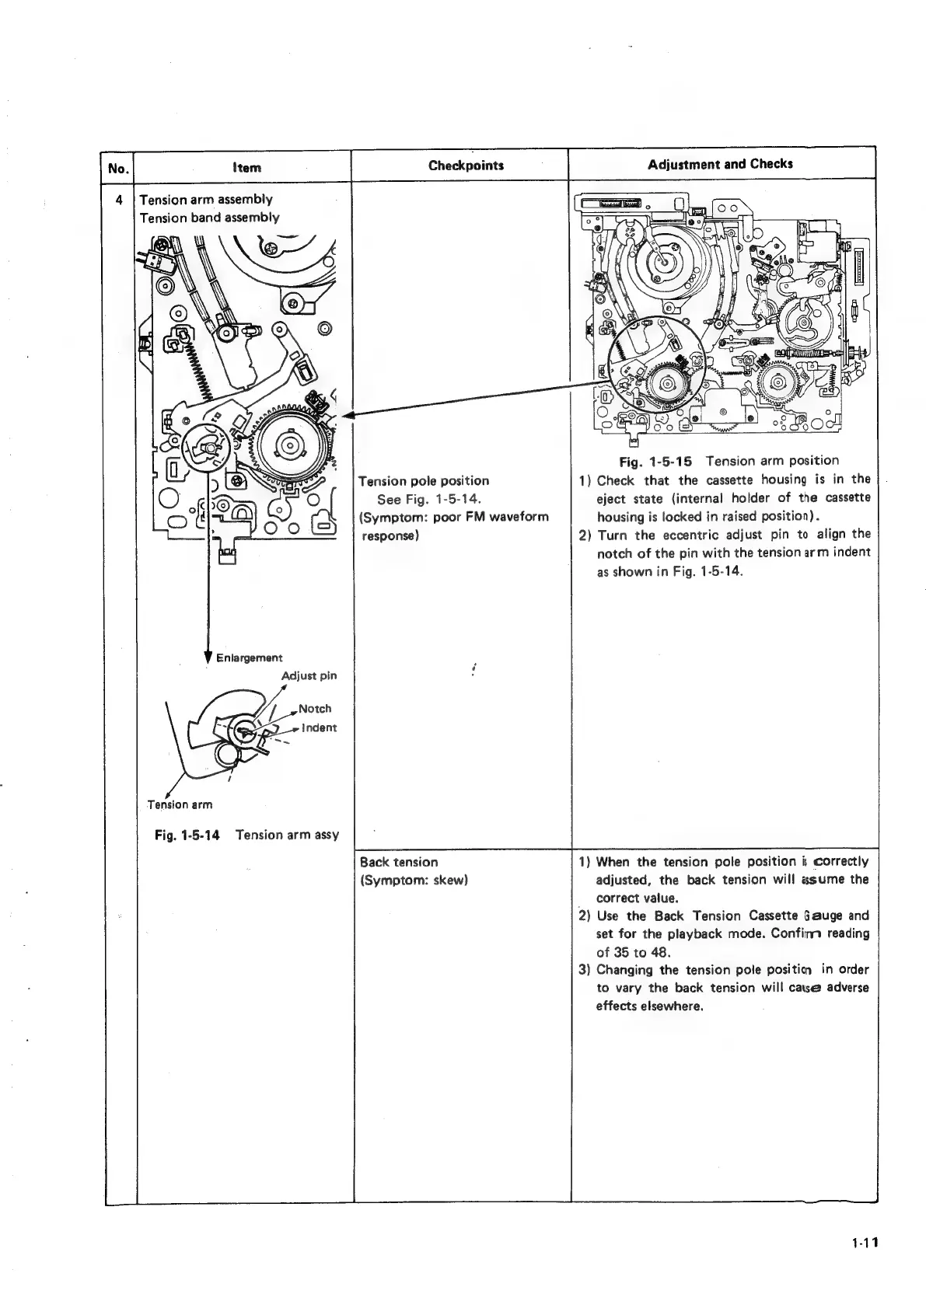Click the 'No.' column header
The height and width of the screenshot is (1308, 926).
click(x=118, y=167)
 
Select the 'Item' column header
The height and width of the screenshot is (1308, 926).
click(x=246, y=167)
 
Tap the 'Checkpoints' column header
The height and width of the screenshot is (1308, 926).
click(x=466, y=165)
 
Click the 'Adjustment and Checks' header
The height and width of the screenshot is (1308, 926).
click(x=720, y=164)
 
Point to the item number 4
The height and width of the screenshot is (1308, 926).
click(x=120, y=200)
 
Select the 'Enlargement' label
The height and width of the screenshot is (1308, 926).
click(x=249, y=658)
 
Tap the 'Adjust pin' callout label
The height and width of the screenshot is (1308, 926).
click(x=309, y=675)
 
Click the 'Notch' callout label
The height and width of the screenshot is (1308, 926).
click(x=315, y=709)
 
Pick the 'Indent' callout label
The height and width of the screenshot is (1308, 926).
click(x=320, y=727)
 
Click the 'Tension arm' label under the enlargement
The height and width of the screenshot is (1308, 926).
click(x=180, y=804)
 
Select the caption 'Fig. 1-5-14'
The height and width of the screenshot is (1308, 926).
click(x=187, y=835)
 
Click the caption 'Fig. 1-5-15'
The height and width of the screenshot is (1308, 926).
click(x=661, y=461)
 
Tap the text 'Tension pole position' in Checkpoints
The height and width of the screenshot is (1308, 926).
click(x=424, y=481)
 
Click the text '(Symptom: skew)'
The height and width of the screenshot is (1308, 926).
click(x=413, y=880)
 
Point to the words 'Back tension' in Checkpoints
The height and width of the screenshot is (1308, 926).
click(x=399, y=862)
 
